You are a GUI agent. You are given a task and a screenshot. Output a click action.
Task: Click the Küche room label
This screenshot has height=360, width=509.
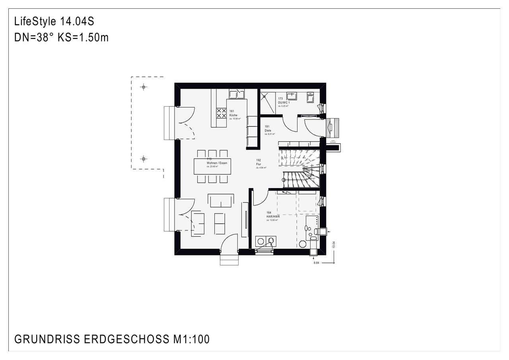point(233,115)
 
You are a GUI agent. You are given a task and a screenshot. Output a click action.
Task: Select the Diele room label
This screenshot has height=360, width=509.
point(268,130)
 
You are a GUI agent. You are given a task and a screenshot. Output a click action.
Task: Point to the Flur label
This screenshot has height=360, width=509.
point(258,163)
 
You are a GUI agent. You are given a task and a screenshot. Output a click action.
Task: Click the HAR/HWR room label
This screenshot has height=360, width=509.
point(273,216)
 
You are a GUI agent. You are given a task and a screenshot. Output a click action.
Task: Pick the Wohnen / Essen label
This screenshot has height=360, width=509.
point(217,163)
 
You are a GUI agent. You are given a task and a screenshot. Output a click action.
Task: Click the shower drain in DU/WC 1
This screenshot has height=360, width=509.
point(264,95)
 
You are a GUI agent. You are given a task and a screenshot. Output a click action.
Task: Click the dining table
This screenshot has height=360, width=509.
point(212,166)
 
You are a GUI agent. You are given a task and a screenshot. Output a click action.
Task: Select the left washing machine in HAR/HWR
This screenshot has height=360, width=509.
point(260,240)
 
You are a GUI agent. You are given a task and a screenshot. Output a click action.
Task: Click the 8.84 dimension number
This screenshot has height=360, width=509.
point(317,263)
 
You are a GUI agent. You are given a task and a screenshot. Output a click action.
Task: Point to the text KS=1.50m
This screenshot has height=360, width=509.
point(83,38)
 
